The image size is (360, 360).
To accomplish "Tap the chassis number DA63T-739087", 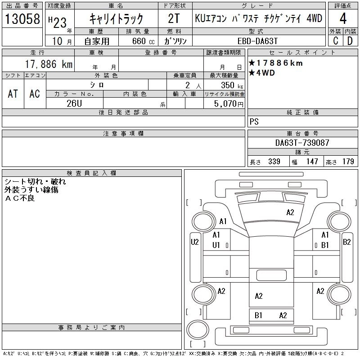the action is (x=302, y=143).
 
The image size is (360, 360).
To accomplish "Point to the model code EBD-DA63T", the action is (x=261, y=41).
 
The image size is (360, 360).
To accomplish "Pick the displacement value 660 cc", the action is (x=139, y=41).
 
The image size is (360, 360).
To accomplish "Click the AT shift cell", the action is (x=13, y=94).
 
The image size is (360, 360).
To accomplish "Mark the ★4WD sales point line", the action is (x=262, y=73).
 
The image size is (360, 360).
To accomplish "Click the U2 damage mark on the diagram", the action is (x=195, y=242).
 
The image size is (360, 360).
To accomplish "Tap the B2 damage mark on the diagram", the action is (x=347, y=242).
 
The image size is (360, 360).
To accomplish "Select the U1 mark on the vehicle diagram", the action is (x=216, y=245).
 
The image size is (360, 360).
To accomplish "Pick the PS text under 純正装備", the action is (x=254, y=121).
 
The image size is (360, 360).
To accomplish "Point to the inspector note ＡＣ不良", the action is (x=19, y=198).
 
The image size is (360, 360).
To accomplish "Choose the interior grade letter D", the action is (x=350, y=41).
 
